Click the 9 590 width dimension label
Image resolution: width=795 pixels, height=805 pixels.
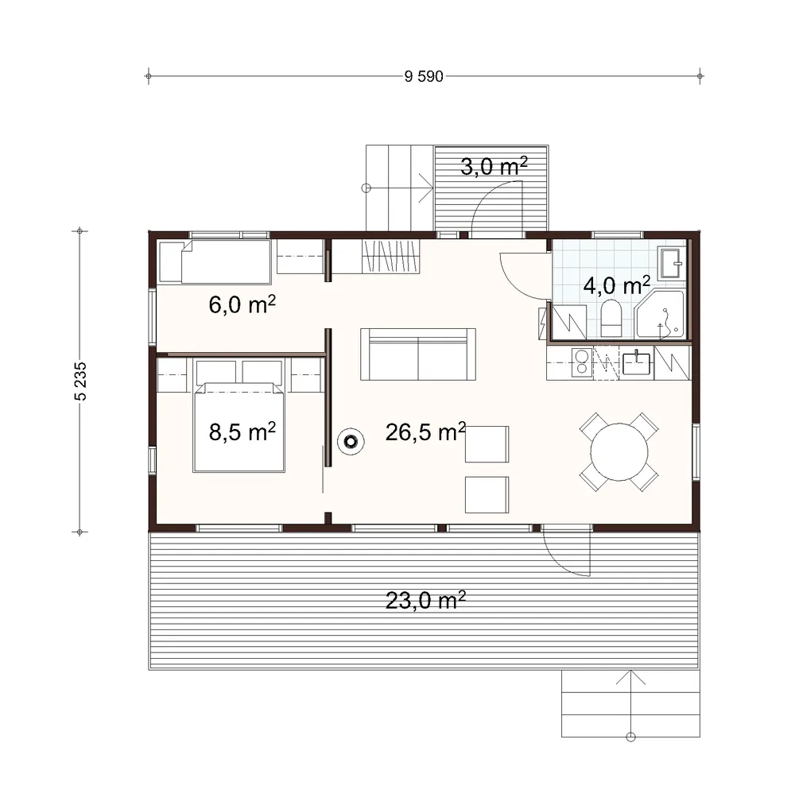pos(424,76)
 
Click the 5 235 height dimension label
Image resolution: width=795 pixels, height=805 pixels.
pos(80,381)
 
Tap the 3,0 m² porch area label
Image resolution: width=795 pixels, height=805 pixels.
pos(494,166)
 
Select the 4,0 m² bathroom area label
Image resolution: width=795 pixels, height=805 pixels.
pos(617,285)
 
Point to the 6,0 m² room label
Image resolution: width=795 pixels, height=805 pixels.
pos(242,304)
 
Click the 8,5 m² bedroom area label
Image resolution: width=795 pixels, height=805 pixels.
pos(242,432)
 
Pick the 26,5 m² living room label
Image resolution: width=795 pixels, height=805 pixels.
pos(425,432)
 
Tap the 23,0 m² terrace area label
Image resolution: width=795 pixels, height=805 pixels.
pos(425,600)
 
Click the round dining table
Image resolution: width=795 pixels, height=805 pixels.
pos(619,452)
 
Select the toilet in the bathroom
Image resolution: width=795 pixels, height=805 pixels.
pos(611,319)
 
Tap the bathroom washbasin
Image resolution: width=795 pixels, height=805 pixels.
pos(672,263)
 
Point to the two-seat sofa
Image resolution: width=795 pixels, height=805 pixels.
pos(418,354)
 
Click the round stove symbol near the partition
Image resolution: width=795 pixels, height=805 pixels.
pos(351,442)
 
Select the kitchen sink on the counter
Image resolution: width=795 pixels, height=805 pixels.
pos(636,363)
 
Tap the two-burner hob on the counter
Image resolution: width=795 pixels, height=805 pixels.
pos(582,362)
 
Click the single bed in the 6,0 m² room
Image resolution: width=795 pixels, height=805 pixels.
pos(215,261)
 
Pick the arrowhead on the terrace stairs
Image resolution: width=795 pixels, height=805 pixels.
pos(630,677)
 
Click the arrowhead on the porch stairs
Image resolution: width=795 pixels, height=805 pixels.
pos(426,188)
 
